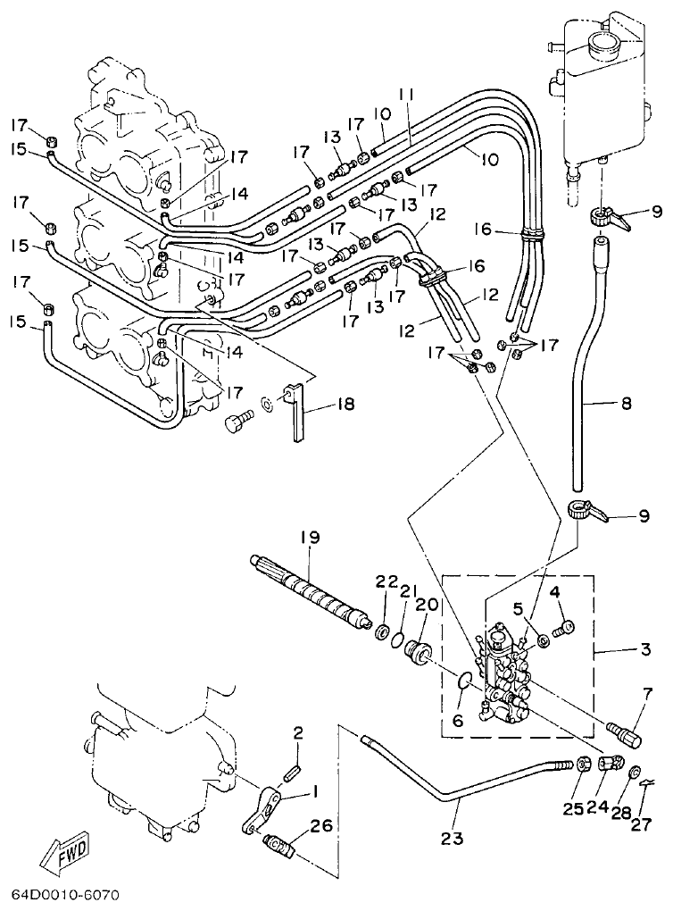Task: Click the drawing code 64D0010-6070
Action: point(64,894)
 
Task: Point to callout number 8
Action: point(626,404)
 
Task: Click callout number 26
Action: point(320,827)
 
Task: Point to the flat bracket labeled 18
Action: point(297,412)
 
